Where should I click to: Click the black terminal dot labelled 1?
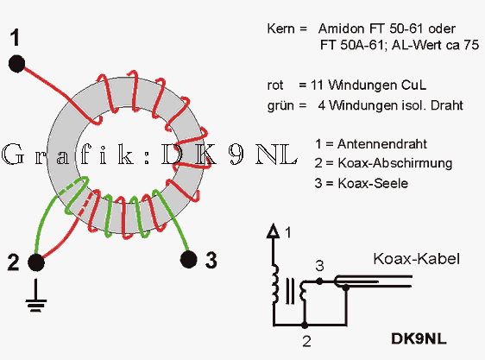tap(16, 64)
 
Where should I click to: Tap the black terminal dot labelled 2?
tap(36, 262)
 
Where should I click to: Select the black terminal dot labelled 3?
tap(188, 259)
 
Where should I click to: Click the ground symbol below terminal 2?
tap(36, 295)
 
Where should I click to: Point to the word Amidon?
tap(342, 28)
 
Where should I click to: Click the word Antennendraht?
tap(382, 144)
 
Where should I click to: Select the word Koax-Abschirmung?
tap(395, 163)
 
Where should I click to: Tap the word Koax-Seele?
tap(373, 183)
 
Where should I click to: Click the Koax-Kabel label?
tap(416, 259)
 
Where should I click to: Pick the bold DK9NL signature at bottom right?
tap(419, 338)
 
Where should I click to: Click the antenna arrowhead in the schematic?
tap(273, 231)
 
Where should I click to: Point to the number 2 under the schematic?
tap(306, 341)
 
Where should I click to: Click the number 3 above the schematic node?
tap(319, 266)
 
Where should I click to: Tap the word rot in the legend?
tap(275, 85)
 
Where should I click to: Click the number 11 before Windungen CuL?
tap(318, 85)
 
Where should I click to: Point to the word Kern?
tap(280, 28)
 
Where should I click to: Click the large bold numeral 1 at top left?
tap(15, 38)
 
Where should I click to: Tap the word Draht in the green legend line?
tap(447, 105)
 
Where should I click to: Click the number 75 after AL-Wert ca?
tap(471, 45)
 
